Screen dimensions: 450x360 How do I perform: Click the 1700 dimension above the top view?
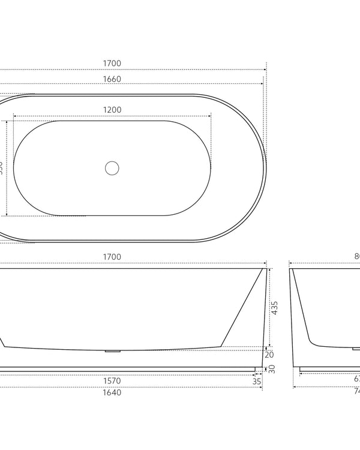pyautogui.click(x=112, y=63)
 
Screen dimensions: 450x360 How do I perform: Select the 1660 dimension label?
pyautogui.click(x=112, y=79)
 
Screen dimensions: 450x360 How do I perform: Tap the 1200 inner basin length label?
pyautogui.click(x=112, y=110)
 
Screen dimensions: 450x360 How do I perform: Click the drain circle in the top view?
pyautogui.click(x=112, y=168)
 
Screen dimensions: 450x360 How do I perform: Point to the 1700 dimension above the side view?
pyautogui.click(x=112, y=257)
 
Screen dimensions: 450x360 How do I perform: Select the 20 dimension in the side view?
pyautogui.click(x=269, y=355)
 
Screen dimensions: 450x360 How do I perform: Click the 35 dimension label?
pyautogui.click(x=257, y=380)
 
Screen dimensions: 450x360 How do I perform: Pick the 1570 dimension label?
pyautogui.click(x=112, y=380)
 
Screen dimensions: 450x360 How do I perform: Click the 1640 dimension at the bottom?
pyautogui.click(x=112, y=393)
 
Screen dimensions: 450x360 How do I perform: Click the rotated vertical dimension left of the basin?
pyautogui.click(x=2, y=167)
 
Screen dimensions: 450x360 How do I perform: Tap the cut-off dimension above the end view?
pyautogui.click(x=356, y=257)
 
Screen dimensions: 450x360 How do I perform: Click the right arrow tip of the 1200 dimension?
pyautogui.click(x=211, y=116)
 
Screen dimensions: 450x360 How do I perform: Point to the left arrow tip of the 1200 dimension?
pyautogui.click(x=14, y=116)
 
